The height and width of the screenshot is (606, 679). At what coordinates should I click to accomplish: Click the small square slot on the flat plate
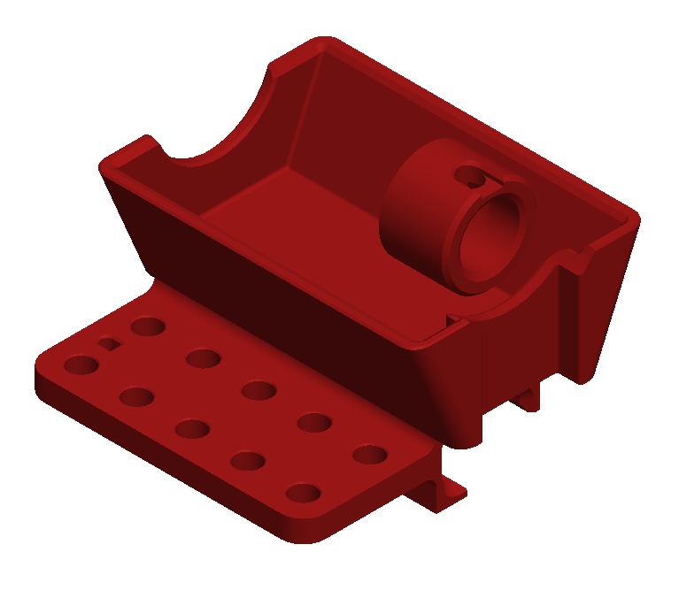pyautogui.click(x=108, y=343)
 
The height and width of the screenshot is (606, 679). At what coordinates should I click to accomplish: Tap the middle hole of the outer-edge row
pyautogui.click(x=191, y=429)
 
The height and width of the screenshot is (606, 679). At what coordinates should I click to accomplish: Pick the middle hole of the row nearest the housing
pyautogui.click(x=258, y=390)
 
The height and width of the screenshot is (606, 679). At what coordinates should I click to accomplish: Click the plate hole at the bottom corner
pyautogui.click(x=303, y=493)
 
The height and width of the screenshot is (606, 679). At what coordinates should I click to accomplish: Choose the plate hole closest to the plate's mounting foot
pyautogui.click(x=370, y=455)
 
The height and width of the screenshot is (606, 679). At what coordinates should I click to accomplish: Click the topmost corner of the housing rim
pyautogui.click(x=322, y=42)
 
